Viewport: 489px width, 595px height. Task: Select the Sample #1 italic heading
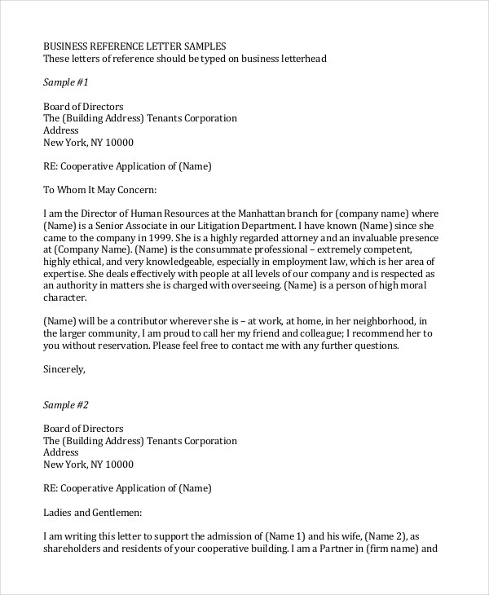64,83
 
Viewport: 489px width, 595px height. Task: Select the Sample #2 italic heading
64,405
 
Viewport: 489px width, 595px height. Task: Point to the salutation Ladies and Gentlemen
92,513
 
